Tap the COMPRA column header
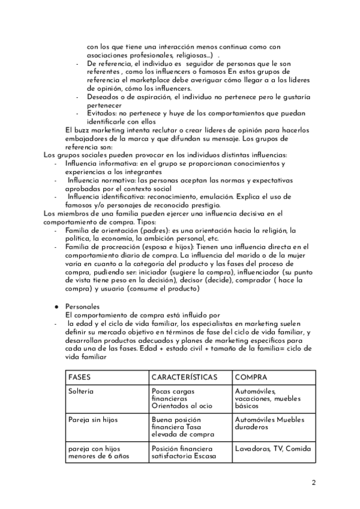252,378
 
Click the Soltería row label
85,391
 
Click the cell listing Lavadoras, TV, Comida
269,448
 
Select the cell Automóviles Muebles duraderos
269,423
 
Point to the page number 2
314,482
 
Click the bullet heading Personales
82,306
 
